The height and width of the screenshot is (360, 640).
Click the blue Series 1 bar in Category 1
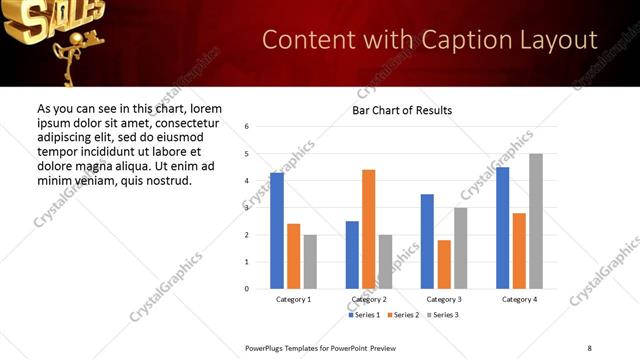tap(277, 231)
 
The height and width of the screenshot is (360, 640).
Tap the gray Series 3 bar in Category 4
tap(536, 221)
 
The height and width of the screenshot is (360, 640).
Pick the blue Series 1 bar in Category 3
tap(427, 241)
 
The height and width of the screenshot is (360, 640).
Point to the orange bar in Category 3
tap(444, 264)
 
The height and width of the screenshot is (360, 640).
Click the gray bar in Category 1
tap(310, 261)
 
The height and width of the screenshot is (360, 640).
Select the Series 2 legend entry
tap(402, 315)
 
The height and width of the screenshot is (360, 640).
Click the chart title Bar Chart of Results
tap(402, 110)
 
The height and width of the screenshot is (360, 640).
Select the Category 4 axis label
tap(519, 299)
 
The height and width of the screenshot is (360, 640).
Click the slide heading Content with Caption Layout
tap(430, 40)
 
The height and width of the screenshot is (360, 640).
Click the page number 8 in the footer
tap(589, 347)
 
